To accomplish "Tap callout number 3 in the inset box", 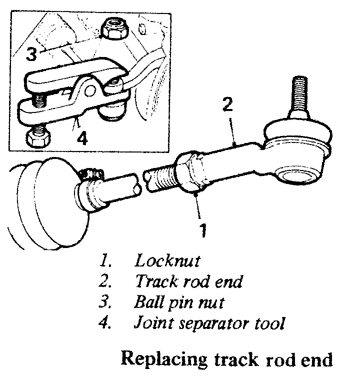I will (31, 54).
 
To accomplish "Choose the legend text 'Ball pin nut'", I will (178, 302).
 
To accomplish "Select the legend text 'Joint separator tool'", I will (209, 323).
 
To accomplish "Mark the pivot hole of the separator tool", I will (90, 89).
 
